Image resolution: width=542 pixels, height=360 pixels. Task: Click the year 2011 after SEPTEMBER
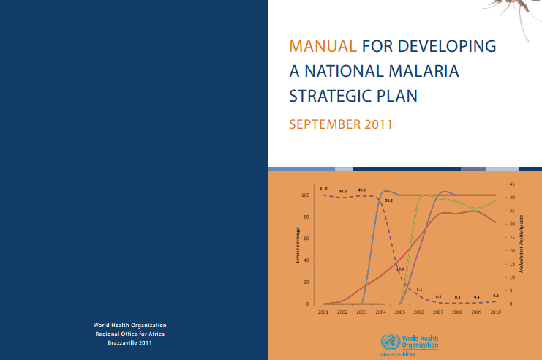[x=377, y=124]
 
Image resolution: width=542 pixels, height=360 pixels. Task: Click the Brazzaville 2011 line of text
[x=130, y=342]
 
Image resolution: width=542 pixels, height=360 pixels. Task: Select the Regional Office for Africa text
[x=130, y=334]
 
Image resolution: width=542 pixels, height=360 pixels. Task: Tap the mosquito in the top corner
[x=515, y=10]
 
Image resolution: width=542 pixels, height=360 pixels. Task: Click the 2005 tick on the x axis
[x=399, y=312]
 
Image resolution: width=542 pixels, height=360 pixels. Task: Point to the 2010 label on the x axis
[x=495, y=312]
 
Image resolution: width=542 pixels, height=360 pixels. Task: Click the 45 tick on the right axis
[x=512, y=184]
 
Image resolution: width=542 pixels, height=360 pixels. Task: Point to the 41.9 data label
[x=323, y=189]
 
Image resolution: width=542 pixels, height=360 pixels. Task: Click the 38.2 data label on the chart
[x=389, y=200]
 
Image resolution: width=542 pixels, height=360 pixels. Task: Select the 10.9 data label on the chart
[x=401, y=269]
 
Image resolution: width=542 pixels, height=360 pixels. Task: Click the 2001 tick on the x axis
[x=323, y=312]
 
